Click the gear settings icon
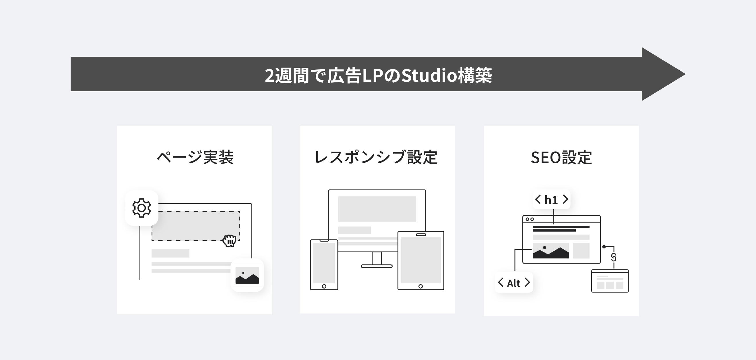click(x=142, y=208)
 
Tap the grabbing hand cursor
click(x=229, y=241)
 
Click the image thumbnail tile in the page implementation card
click(x=247, y=275)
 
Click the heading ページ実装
click(x=195, y=157)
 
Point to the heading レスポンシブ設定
click(x=376, y=157)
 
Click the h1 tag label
click(x=551, y=200)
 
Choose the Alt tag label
click(x=514, y=283)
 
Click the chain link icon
click(x=614, y=257)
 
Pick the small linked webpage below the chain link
click(x=610, y=281)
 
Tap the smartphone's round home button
click(x=324, y=286)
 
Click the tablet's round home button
click(x=420, y=286)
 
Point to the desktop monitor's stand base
click(x=377, y=266)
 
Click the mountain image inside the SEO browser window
click(x=550, y=251)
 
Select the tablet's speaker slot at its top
click(x=421, y=235)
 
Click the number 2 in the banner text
click(x=270, y=76)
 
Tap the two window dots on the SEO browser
click(x=530, y=219)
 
